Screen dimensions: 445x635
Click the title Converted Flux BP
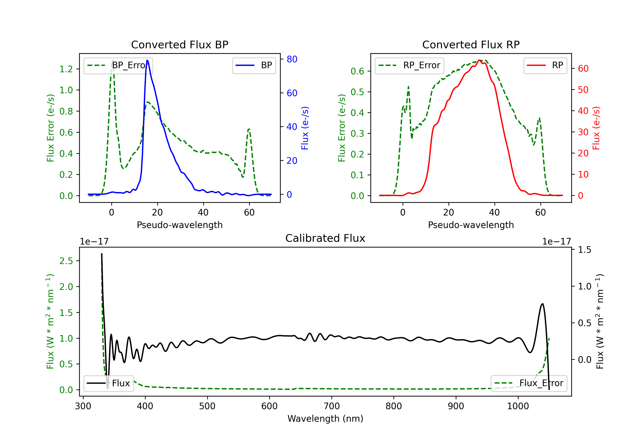click(x=179, y=44)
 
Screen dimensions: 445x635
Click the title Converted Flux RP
click(x=471, y=44)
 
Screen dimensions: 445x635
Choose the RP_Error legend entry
click(x=409, y=65)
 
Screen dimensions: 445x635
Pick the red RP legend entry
click(x=545, y=65)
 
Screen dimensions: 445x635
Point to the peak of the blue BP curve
click(x=147, y=60)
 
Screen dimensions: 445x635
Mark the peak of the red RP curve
click(x=480, y=60)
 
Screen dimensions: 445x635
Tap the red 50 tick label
click(x=583, y=90)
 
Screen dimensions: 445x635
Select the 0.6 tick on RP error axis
click(x=357, y=71)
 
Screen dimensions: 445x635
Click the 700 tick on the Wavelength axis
click(x=332, y=406)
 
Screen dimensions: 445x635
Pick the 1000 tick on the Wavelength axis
click(x=518, y=406)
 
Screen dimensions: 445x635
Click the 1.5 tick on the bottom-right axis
click(x=584, y=250)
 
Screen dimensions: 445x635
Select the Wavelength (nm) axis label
click(x=325, y=419)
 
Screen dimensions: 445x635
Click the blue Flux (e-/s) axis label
click(x=305, y=128)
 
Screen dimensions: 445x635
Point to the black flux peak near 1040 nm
click(x=542, y=304)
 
